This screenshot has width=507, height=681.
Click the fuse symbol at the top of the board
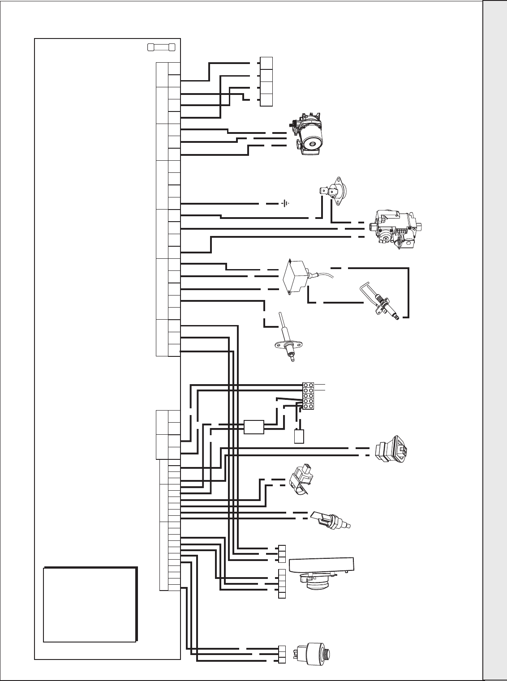[x=161, y=47]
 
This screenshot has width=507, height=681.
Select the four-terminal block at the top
[x=266, y=81]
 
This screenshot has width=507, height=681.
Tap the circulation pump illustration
[x=309, y=133]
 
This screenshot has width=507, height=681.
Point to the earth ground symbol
[x=284, y=204]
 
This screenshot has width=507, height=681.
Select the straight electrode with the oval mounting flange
[x=287, y=340]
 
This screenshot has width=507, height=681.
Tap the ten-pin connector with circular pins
[x=308, y=396]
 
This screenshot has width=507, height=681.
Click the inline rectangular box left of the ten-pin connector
[x=253, y=427]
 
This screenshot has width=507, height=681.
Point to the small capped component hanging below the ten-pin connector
[x=299, y=436]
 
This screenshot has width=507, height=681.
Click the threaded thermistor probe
[x=332, y=519]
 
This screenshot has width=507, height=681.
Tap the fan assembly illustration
[x=321, y=574]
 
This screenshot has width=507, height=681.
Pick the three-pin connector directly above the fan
[x=282, y=553]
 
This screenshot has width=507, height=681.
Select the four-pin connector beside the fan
[x=282, y=583]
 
